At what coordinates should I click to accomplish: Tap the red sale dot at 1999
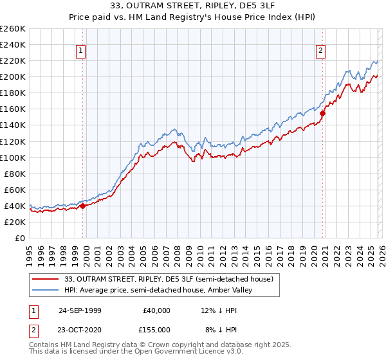point(83,206)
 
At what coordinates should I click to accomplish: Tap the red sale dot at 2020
point(323,113)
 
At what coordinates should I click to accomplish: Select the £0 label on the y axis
point(21,238)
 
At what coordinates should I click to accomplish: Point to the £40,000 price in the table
point(158,310)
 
